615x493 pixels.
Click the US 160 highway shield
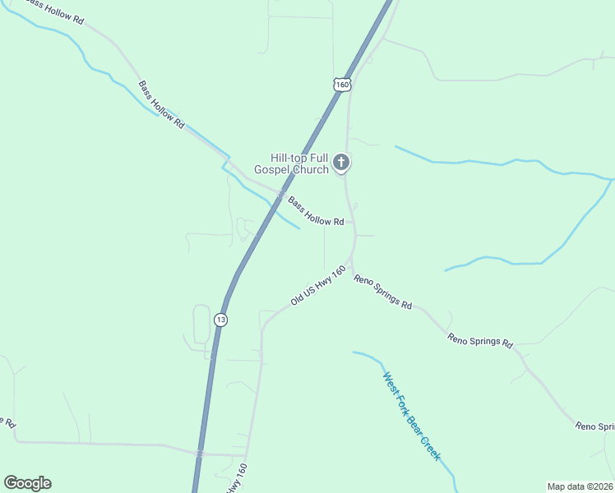[342, 85]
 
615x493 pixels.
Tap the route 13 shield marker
[220, 319]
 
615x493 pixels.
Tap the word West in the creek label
[391, 385]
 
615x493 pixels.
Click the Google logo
[27, 483]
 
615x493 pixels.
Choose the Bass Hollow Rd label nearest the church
[316, 210]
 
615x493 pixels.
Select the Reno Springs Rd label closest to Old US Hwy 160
[383, 292]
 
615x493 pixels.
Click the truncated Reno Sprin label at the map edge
[594, 426]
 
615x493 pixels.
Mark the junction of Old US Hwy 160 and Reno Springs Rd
[351, 265]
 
